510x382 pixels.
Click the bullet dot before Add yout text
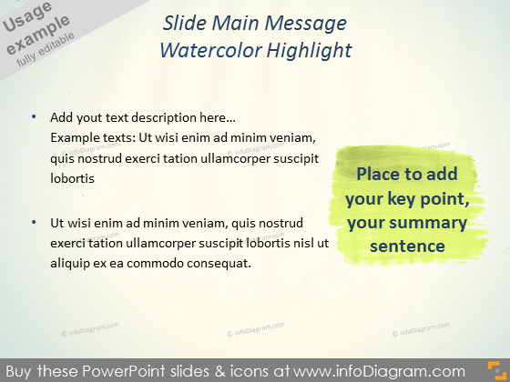coord(34,117)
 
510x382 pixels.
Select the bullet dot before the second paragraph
coord(34,221)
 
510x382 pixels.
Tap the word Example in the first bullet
coord(75,138)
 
